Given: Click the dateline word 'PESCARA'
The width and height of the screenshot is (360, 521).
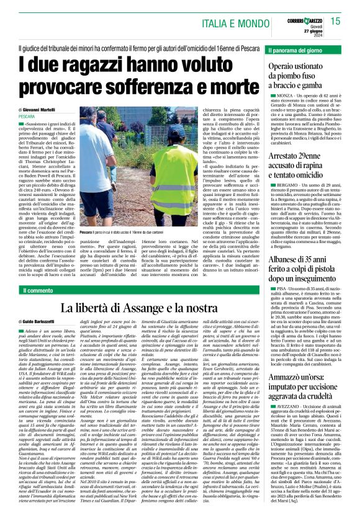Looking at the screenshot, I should pyautogui.click(x=27, y=117).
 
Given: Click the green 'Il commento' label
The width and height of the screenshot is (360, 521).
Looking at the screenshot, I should pyautogui.click(x=37, y=290).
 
